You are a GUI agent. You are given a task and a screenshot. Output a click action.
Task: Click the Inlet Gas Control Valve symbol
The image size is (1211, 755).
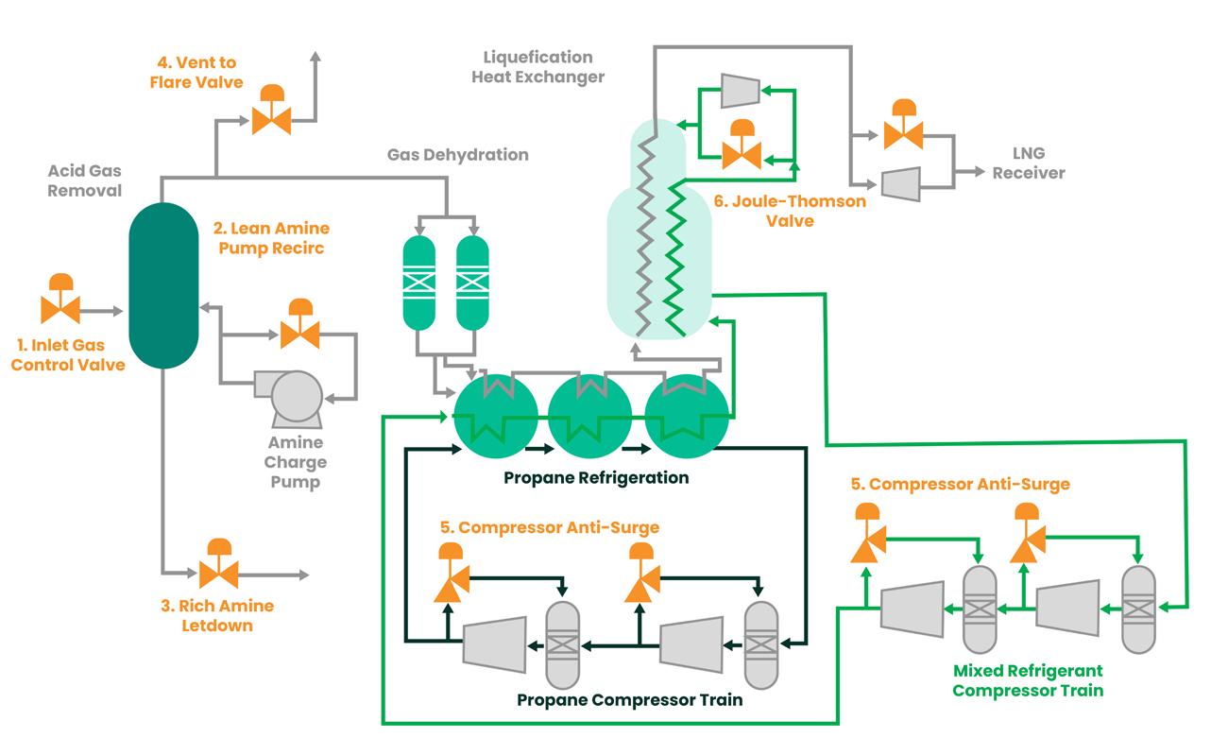click(x=60, y=308)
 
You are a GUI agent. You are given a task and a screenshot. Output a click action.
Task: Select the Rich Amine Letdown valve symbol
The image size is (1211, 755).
click(x=218, y=573)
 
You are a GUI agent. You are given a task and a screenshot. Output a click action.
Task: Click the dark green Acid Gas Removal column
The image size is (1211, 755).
click(x=162, y=283)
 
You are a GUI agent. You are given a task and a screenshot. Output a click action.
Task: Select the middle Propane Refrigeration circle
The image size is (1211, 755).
click(x=589, y=413)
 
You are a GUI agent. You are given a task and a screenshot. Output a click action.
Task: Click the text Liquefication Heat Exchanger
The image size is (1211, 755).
click(x=537, y=67)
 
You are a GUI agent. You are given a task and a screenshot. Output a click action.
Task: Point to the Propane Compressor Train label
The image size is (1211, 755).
click(x=630, y=700)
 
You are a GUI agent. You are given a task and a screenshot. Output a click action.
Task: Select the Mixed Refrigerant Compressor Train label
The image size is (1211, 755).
click(x=1028, y=680)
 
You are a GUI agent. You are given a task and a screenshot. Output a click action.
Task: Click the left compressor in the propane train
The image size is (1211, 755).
click(x=494, y=644)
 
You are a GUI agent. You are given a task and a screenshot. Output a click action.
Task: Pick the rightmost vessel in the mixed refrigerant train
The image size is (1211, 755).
click(x=1137, y=609)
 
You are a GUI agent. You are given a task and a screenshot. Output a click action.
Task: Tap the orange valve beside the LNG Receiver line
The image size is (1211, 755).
click(x=902, y=133)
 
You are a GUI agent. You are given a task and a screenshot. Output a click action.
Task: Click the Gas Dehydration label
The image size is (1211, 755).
click(x=458, y=154)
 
